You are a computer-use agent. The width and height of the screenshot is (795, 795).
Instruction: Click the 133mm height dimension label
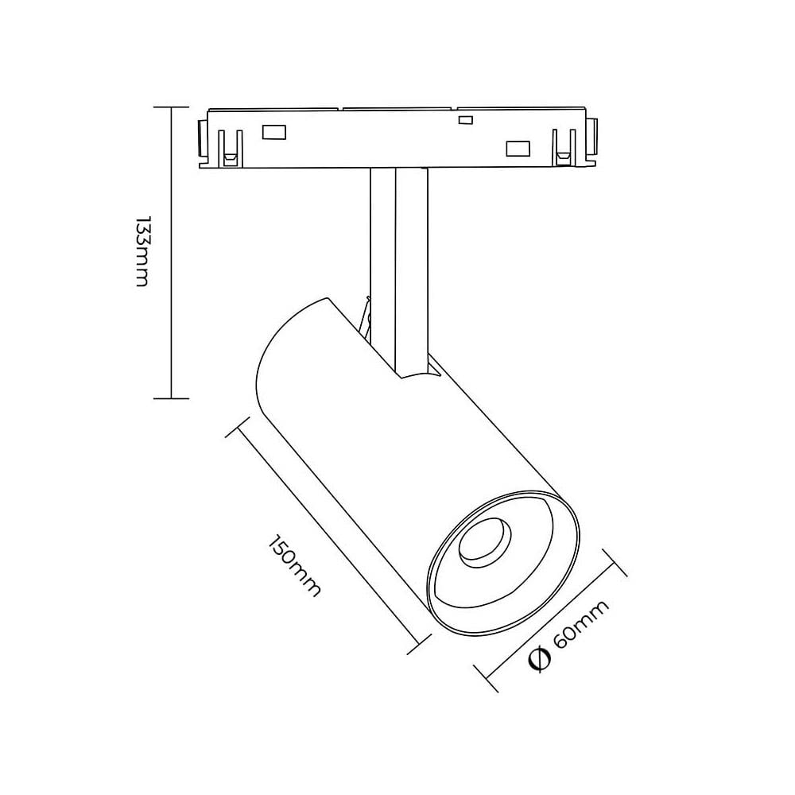click(x=142, y=251)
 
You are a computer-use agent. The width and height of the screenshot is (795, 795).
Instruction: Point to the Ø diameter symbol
click(x=540, y=661)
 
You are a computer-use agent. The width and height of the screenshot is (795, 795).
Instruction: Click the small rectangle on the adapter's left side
click(x=275, y=132)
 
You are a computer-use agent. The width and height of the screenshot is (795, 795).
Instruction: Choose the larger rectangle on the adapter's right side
click(x=518, y=148)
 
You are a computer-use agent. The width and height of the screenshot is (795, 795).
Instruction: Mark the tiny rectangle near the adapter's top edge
click(x=466, y=120)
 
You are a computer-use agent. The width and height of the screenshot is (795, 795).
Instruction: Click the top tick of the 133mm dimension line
click(x=173, y=107)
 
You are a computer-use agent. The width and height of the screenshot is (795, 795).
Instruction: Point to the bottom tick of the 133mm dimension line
click(x=173, y=397)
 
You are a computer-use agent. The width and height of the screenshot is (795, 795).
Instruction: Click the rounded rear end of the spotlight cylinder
click(x=274, y=350)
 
